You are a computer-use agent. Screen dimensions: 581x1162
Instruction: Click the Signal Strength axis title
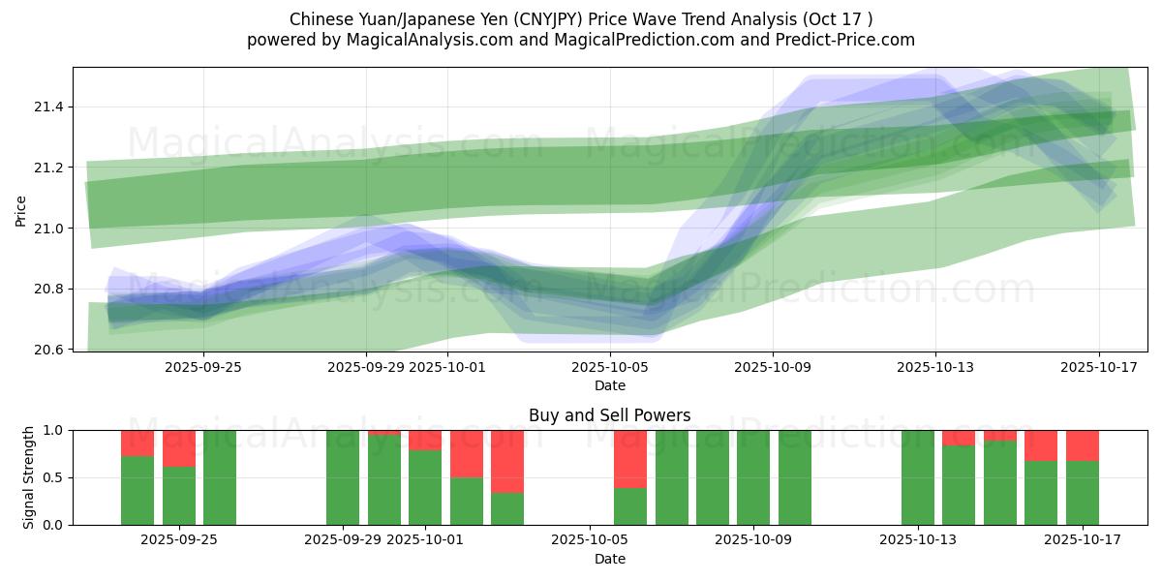click(29, 477)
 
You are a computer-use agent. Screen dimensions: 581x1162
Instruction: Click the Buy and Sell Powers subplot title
click(609, 415)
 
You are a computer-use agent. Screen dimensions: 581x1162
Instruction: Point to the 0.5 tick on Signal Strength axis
click(54, 477)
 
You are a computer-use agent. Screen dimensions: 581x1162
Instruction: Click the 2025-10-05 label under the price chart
click(610, 367)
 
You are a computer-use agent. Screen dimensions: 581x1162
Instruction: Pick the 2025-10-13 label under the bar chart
click(917, 539)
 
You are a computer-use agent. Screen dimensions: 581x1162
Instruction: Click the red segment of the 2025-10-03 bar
click(507, 461)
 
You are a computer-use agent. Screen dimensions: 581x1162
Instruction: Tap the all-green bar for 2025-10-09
click(753, 477)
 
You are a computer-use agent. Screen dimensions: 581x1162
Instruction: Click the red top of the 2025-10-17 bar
click(1083, 445)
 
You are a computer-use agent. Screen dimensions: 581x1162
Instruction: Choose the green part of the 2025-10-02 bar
click(467, 501)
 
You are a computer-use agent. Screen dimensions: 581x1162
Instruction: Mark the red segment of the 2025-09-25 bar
click(179, 448)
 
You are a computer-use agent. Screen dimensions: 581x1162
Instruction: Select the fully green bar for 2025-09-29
click(343, 477)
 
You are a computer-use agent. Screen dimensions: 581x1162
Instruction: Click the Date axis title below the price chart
click(609, 385)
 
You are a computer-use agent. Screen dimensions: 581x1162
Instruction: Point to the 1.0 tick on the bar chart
click(54, 430)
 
